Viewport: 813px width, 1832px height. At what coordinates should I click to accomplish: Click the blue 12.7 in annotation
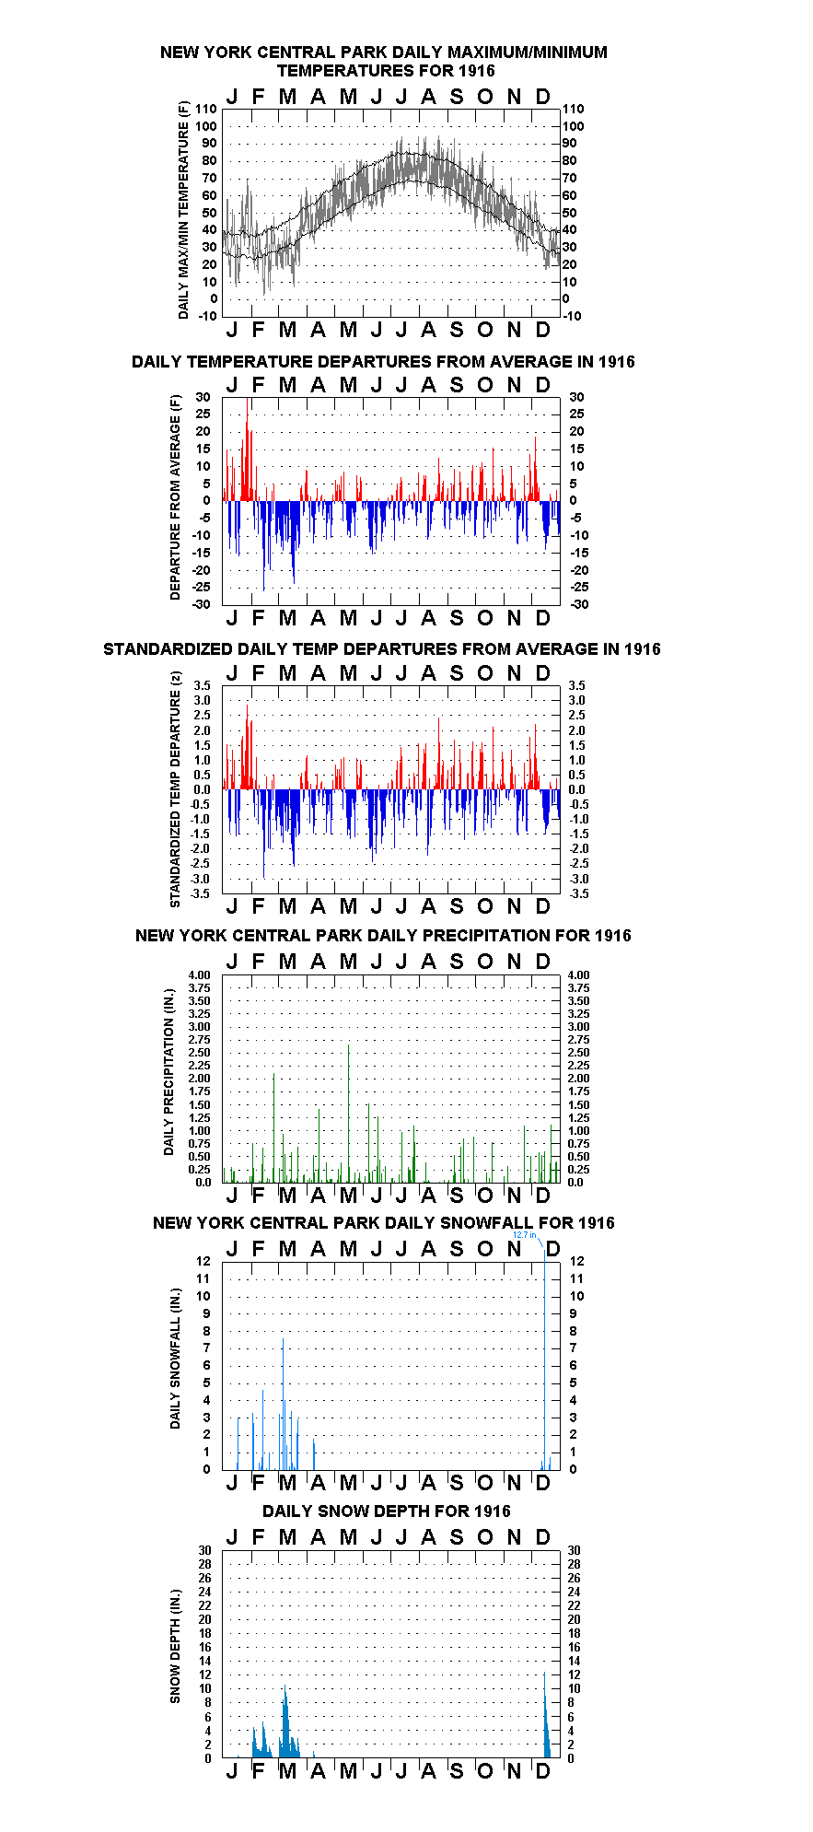click(524, 1235)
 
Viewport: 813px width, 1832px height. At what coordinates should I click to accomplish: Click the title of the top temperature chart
click(384, 61)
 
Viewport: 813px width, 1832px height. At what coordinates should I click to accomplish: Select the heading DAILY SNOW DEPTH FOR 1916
click(387, 1511)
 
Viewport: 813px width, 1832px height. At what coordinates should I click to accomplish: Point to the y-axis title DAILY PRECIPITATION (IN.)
click(168, 1079)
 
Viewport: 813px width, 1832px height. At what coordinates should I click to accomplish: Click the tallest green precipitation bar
click(348, 1113)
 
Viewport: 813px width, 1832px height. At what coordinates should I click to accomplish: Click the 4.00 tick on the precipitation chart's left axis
click(199, 974)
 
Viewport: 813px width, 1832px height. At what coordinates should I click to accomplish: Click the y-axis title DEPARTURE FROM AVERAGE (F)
click(175, 497)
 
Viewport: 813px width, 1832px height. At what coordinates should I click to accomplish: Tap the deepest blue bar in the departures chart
click(263, 545)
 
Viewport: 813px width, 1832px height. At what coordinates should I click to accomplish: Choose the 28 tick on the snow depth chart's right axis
click(574, 1564)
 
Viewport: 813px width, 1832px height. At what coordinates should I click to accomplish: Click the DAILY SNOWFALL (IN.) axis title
click(175, 1359)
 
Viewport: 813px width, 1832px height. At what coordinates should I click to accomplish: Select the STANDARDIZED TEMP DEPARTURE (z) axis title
click(175, 789)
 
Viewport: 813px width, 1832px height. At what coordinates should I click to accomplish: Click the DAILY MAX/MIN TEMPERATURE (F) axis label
click(183, 210)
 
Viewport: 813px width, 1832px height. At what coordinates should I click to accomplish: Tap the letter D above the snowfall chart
click(552, 1248)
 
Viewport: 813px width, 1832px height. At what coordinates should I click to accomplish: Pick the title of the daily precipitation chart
click(383, 935)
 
